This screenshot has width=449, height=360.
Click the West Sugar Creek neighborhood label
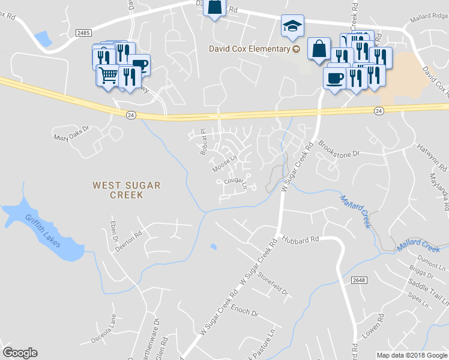[126, 190]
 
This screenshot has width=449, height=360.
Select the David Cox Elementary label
[249, 49]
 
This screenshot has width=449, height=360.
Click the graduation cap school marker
[292, 26]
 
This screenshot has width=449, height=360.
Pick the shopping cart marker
[108, 76]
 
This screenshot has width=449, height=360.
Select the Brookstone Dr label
[339, 150]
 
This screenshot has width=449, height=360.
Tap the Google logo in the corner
[20, 353]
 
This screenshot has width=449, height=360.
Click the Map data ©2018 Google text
[411, 355]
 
